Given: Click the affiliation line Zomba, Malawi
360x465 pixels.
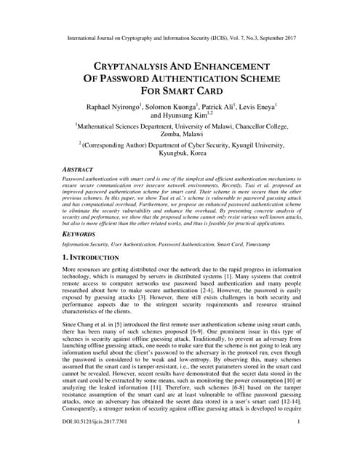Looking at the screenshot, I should [x=180, y=135].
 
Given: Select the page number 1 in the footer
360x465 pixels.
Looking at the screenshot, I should [x=299, y=442].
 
